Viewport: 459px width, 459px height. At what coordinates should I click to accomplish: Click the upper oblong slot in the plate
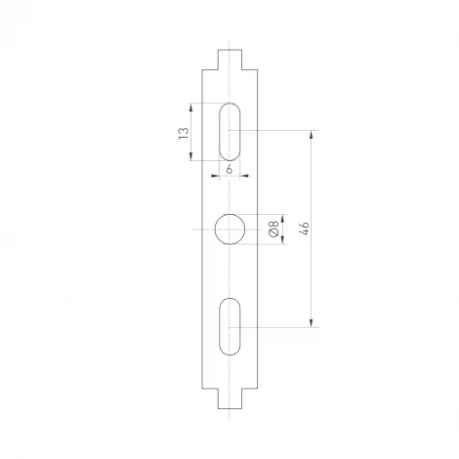[229, 130]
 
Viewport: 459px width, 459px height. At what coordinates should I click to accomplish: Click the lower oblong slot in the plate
[229, 326]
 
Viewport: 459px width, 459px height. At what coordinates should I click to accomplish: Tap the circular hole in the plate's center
[229, 229]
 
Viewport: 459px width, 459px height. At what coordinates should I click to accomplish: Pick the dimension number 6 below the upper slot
[229, 168]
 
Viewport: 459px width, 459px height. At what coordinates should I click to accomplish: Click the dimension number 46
[304, 229]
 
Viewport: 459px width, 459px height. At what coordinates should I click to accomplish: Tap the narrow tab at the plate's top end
[229, 58]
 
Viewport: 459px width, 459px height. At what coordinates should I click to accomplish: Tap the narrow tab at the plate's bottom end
[229, 400]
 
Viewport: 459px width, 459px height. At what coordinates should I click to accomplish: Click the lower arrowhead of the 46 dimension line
[312, 322]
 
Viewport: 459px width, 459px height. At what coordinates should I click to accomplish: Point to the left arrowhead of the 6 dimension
[218, 176]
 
